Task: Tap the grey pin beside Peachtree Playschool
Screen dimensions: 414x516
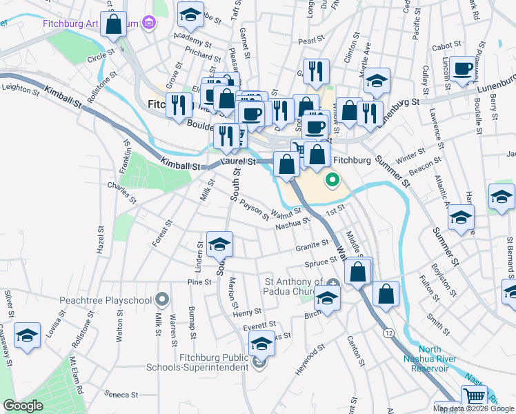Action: [x=162, y=299]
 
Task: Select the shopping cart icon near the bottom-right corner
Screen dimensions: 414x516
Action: [x=473, y=397]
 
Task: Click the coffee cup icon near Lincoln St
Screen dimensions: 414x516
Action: [x=464, y=69]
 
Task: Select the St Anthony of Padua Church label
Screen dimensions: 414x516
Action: [x=295, y=286]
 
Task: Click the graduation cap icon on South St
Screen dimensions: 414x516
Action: [x=219, y=244]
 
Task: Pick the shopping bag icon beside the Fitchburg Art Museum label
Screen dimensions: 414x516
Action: [x=115, y=23]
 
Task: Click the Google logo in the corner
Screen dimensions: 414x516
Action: [x=23, y=406]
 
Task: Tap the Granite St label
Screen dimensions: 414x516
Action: [x=312, y=245]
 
